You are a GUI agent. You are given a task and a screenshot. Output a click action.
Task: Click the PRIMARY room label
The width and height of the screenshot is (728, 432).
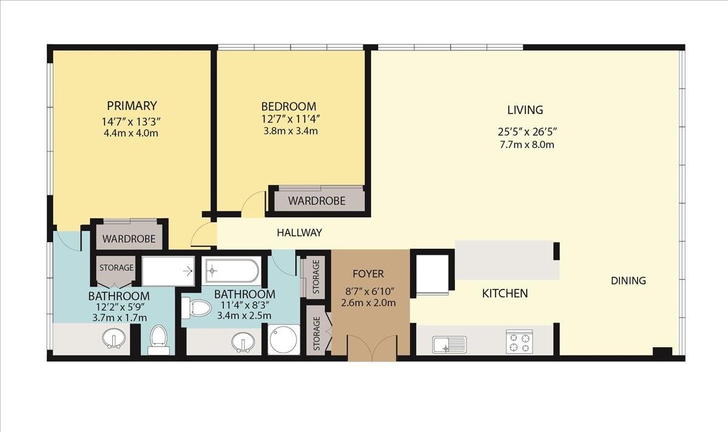pyautogui.click(x=132, y=106)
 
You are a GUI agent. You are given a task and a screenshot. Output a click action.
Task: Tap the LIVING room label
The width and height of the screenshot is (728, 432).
pyautogui.click(x=525, y=110)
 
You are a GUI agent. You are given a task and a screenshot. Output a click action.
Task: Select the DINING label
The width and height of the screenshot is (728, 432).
pyautogui.click(x=629, y=280)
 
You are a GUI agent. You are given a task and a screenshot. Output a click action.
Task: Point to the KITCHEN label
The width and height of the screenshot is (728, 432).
pyautogui.click(x=505, y=294)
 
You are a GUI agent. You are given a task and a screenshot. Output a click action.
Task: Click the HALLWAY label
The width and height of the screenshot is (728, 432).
pyautogui.click(x=299, y=232)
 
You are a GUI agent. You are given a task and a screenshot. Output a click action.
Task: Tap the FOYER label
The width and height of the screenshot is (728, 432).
pyautogui.click(x=368, y=274)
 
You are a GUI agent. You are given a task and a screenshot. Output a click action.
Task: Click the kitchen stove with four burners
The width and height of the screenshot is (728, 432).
pyautogui.click(x=519, y=342)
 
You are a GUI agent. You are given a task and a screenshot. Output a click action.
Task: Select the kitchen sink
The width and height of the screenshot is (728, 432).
pyautogui.click(x=450, y=345)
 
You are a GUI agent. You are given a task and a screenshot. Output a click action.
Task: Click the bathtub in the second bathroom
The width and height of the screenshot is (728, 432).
pyautogui.click(x=232, y=271)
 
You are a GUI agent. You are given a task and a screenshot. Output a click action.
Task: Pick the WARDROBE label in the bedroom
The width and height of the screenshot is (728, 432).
pyautogui.click(x=317, y=201)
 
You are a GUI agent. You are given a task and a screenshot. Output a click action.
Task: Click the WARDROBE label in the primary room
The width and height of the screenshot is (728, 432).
pyautogui.click(x=129, y=239)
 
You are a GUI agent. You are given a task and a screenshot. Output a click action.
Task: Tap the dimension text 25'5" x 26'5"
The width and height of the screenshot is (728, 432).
pyautogui.click(x=527, y=132)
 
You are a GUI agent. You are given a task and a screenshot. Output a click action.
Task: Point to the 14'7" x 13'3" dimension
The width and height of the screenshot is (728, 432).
pyautogui.click(x=131, y=122)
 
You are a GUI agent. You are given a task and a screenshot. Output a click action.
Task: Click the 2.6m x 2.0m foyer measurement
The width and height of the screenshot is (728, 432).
pyautogui.click(x=368, y=303)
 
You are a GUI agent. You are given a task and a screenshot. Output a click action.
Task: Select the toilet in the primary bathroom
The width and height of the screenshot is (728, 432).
pyautogui.click(x=158, y=340)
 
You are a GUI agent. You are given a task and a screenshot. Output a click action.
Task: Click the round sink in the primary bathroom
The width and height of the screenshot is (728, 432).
pyautogui.click(x=114, y=339)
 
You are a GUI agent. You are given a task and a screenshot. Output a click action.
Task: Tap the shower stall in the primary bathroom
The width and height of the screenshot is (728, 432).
pyautogui.click(x=169, y=271)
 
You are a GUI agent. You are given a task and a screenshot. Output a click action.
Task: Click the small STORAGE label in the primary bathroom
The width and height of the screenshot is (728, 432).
pyautogui.click(x=116, y=268)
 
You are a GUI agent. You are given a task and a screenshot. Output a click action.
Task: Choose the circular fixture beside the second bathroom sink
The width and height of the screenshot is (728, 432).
pyautogui.click(x=284, y=340)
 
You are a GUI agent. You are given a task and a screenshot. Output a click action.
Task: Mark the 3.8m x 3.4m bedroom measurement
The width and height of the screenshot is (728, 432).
pyautogui.click(x=290, y=131)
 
